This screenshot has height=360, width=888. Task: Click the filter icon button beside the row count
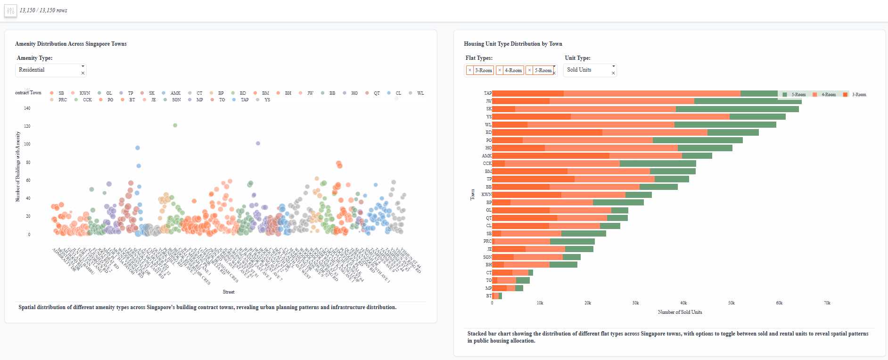click(10, 10)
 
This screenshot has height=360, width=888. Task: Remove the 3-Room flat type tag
click(470, 70)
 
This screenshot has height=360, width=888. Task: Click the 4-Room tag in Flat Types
click(513, 70)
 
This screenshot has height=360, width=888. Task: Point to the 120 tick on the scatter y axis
click(27, 126)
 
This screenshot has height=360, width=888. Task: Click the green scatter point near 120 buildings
click(175, 125)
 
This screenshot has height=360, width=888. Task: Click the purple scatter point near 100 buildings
click(258, 143)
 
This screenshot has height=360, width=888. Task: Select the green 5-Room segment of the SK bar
click(737, 109)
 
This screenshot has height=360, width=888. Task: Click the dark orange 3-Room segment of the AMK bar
click(551, 155)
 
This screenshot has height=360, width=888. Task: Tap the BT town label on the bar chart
click(489, 296)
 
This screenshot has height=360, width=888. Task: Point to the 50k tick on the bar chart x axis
click(731, 303)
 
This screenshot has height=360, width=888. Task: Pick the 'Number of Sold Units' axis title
click(680, 312)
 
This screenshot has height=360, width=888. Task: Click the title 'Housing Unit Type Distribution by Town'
click(513, 44)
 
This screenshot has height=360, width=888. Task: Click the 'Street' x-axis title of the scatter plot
click(229, 292)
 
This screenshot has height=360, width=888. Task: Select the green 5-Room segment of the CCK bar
click(658, 164)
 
